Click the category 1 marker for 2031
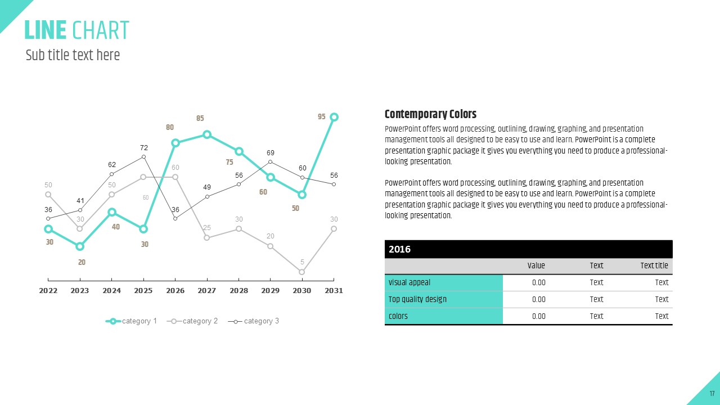coord(334,117)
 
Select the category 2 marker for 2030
coord(302,272)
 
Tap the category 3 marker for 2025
coord(143,156)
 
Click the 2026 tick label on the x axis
coord(175,291)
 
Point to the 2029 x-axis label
coord(271,291)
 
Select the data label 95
coord(322,117)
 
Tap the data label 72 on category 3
coord(144,148)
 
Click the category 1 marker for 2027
coord(207,134)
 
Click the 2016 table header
coord(400,249)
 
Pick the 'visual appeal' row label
coord(409,282)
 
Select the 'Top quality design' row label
coord(417,299)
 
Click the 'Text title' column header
coord(654,265)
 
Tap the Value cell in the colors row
coord(538,316)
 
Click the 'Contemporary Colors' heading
coord(430,114)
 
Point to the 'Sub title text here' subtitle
coord(73,55)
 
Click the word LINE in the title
coord(46,30)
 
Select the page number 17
coord(712,393)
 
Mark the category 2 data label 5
coord(302,262)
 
